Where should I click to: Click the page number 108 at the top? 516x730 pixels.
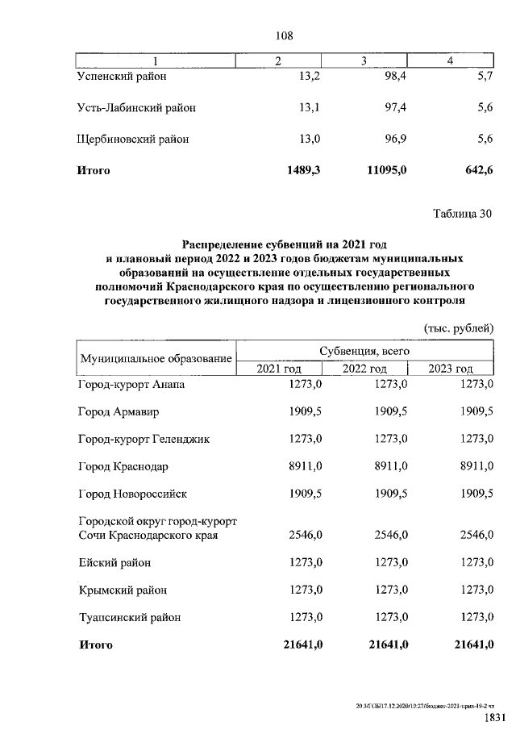[x=283, y=35]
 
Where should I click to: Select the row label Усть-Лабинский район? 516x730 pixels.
[x=135, y=107]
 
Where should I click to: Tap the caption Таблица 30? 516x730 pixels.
[x=461, y=214]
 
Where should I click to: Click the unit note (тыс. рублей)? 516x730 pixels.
[x=459, y=327]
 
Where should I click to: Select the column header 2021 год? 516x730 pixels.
[x=280, y=369]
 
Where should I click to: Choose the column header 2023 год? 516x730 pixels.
[x=450, y=369]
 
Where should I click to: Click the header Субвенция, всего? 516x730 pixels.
[x=364, y=352]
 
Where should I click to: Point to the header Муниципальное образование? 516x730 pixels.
[x=155, y=359]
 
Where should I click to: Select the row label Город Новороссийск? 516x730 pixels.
[x=132, y=494]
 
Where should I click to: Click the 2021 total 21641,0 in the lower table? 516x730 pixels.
[x=300, y=644]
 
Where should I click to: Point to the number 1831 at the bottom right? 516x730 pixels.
[x=494, y=717]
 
